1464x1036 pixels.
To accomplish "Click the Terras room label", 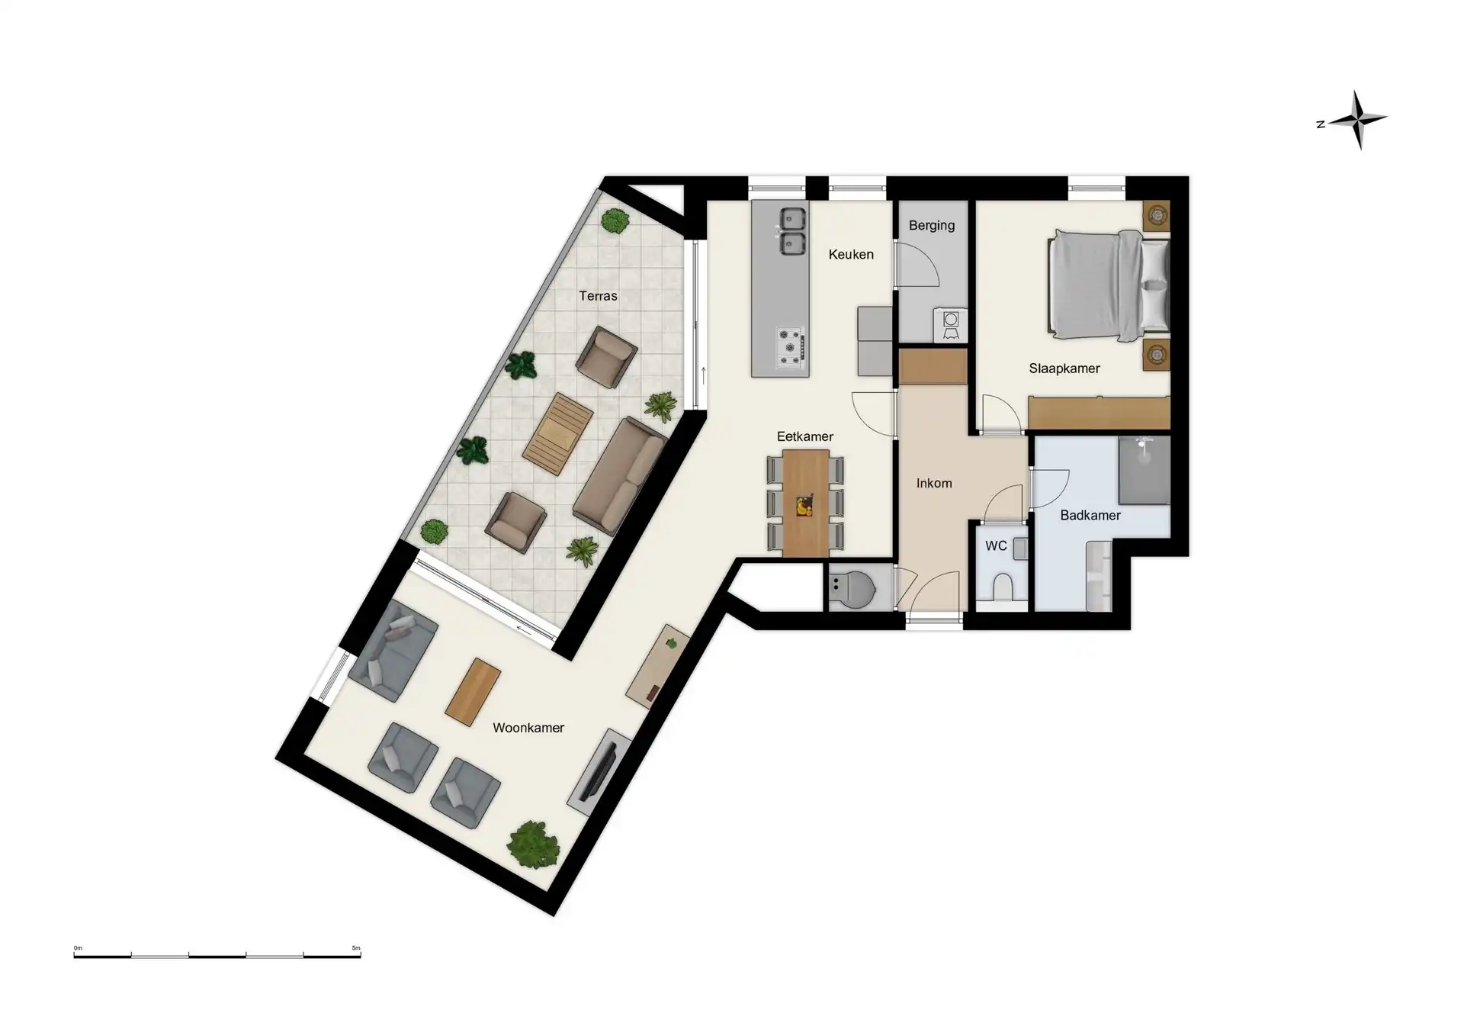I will point(598,296).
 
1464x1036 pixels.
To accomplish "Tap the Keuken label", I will point(851,255).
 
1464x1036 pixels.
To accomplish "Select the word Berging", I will point(932,226).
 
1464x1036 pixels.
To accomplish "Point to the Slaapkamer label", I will point(1064,368).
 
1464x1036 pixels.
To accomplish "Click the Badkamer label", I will point(1090,516).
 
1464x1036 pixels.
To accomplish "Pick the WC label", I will point(996,546).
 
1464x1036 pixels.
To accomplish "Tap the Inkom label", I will point(934,484).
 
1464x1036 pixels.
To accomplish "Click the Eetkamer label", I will point(805,437).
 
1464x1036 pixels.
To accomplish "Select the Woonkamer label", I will point(528,728).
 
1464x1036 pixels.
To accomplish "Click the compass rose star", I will point(1359,120).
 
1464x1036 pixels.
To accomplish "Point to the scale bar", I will point(217,955).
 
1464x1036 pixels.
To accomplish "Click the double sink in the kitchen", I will point(791,231).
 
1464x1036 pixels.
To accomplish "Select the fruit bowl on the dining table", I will point(804,506).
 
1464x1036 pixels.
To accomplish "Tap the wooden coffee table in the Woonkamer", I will point(473,691).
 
